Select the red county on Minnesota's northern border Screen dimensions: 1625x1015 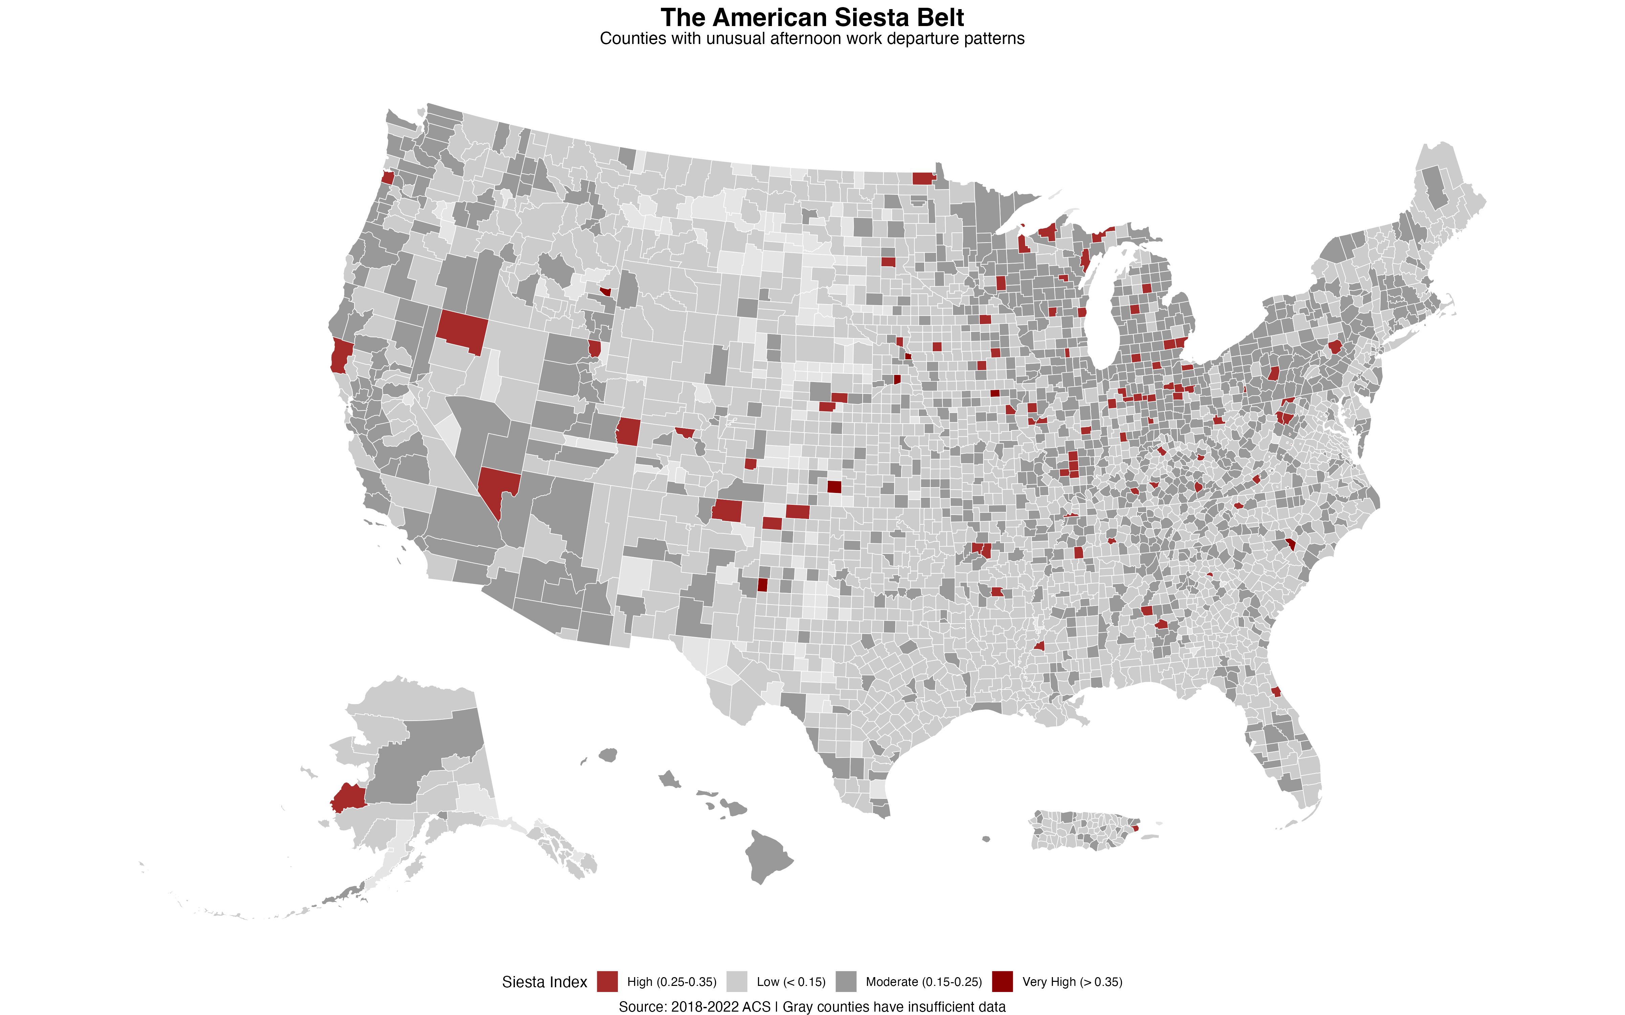pos(923,178)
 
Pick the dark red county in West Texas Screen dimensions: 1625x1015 pos(762,585)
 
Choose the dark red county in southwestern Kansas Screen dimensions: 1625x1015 pos(834,487)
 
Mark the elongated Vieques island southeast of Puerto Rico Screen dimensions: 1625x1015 pos(1150,837)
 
